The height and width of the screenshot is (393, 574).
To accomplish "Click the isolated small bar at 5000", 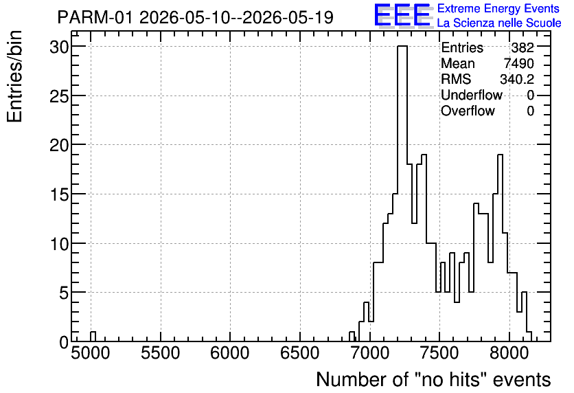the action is (x=93, y=337).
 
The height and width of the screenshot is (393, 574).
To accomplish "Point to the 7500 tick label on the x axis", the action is (x=439, y=353).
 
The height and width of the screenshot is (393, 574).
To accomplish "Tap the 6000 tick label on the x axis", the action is (x=230, y=353).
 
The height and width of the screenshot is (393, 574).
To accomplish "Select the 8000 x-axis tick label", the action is (x=509, y=353).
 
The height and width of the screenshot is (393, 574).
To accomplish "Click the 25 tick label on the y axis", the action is (x=59, y=96).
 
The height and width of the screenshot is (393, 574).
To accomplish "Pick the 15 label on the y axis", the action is (x=59, y=194).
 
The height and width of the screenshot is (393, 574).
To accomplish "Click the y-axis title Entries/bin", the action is (x=14, y=76).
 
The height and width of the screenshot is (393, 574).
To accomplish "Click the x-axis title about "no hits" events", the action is (x=433, y=379).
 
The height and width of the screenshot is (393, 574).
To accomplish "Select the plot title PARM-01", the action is (x=94, y=17).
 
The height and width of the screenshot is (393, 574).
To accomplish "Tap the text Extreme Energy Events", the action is (x=498, y=8).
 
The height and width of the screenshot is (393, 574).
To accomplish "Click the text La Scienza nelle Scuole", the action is (x=499, y=23).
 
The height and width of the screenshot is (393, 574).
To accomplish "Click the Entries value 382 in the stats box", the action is (x=523, y=47).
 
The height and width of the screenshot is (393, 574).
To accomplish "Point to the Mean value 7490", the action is (x=519, y=63).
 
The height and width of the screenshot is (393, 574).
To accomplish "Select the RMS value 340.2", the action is (x=517, y=79).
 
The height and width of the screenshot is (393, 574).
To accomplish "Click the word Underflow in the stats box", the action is (x=472, y=95).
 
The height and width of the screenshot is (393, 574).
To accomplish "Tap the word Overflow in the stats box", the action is (x=468, y=111).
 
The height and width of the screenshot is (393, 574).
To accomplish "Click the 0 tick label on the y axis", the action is (x=64, y=342).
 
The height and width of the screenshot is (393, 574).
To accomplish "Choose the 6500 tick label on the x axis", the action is (x=300, y=353).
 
